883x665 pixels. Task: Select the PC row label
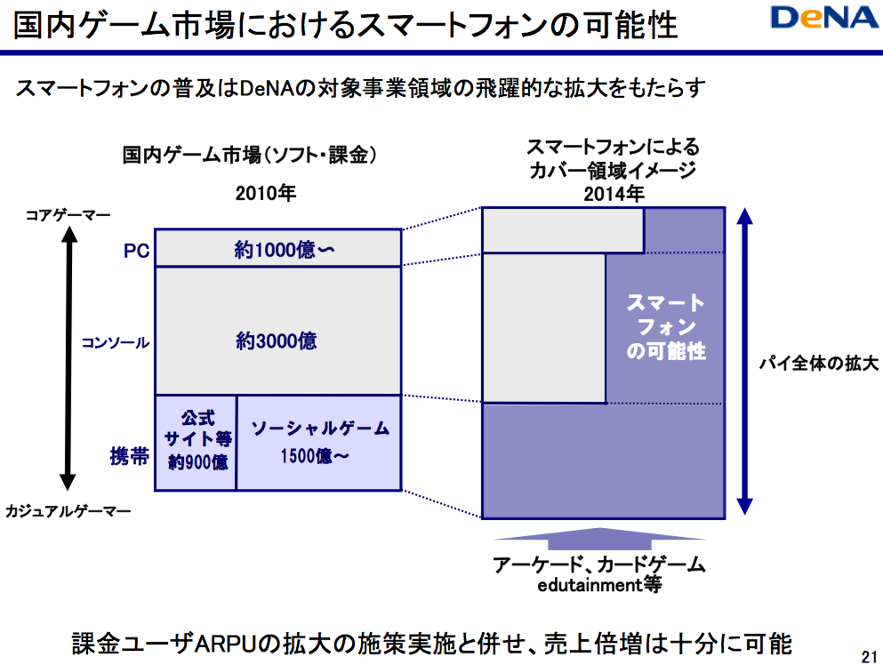136,252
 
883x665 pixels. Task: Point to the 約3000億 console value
277,341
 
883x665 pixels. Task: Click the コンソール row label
116,342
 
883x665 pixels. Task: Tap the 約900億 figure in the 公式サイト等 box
197,462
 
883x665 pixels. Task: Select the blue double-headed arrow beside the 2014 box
746,363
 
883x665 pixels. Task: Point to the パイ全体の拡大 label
818,365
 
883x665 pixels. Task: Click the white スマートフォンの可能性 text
666,327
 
